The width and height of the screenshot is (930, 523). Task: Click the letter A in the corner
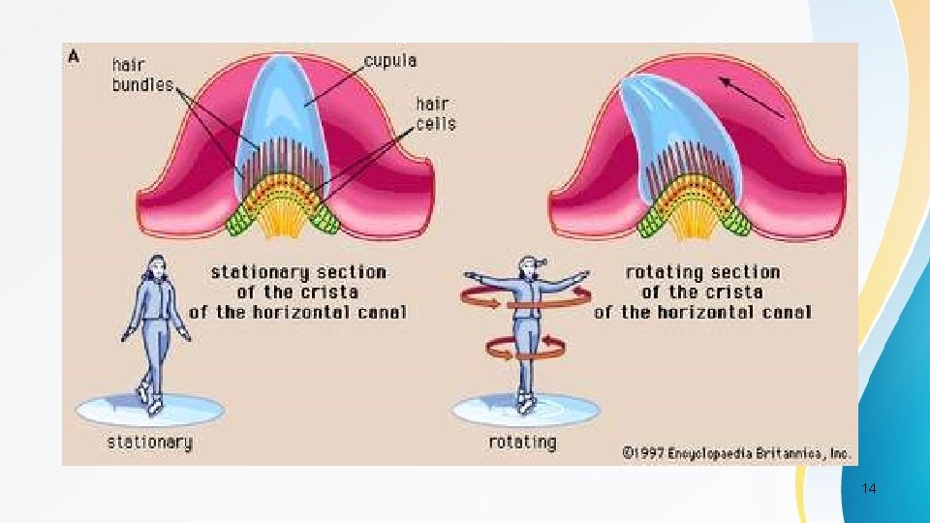(x=74, y=57)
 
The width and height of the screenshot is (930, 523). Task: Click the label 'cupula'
(x=390, y=61)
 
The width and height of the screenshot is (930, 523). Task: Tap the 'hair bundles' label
(x=142, y=75)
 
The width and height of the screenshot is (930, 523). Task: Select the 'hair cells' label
(x=436, y=114)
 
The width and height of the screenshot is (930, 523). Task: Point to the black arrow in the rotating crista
(x=752, y=97)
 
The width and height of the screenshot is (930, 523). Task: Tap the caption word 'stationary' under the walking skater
(x=149, y=443)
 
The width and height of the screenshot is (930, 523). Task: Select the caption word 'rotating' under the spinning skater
(x=522, y=443)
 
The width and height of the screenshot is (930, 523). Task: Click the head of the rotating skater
(x=529, y=267)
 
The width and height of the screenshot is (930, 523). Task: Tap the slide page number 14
(x=869, y=488)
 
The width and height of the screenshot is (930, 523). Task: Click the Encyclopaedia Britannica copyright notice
(x=737, y=453)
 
